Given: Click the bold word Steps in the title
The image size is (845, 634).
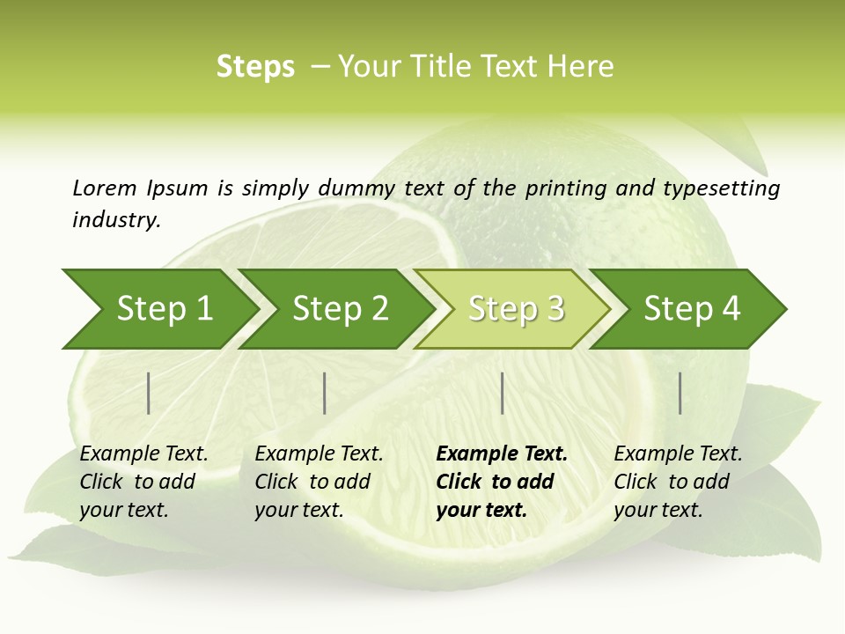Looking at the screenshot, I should (x=255, y=67).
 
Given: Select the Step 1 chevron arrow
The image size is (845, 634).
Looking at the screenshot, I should (x=158, y=308).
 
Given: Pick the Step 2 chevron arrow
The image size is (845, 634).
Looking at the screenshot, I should (x=334, y=308).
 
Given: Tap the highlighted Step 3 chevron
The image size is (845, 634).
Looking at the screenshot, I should (x=511, y=308).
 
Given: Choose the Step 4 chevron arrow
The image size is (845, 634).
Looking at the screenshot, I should (x=687, y=308).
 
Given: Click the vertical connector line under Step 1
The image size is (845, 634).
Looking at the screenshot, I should (x=149, y=393).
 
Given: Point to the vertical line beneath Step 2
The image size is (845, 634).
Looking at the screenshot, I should (x=325, y=393).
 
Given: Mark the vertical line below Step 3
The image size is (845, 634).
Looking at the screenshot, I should (x=502, y=393).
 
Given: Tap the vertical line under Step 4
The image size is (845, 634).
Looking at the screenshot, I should (x=680, y=393).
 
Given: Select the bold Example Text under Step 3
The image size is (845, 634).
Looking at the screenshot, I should (x=502, y=482).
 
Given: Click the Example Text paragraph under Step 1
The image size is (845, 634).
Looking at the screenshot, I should (x=143, y=482).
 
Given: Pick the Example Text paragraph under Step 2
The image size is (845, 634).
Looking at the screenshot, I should (x=319, y=482).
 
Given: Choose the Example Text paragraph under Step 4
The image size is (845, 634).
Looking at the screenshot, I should (x=678, y=482).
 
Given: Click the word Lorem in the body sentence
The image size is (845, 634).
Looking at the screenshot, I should (x=104, y=188).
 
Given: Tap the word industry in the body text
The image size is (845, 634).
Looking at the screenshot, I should (x=116, y=220).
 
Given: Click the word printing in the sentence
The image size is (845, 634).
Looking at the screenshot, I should (x=558, y=188).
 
